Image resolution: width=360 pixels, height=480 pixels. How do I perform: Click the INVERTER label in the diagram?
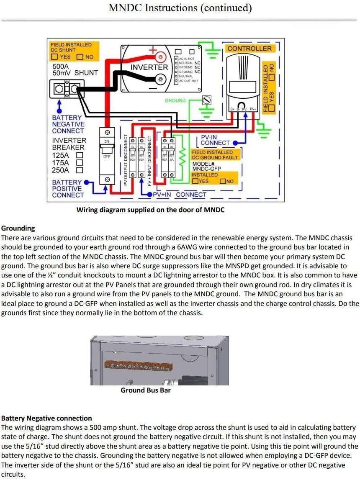click(x=149, y=67)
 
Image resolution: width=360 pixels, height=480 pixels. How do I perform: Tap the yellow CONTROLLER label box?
click(x=249, y=49)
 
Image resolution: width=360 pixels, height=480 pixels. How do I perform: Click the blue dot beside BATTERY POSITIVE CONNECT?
click(x=87, y=182)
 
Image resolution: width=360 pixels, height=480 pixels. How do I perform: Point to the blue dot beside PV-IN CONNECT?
click(x=235, y=143)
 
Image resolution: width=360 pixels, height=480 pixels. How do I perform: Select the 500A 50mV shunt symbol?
click(x=64, y=88)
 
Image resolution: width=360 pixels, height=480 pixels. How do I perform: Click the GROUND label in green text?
click(x=175, y=100)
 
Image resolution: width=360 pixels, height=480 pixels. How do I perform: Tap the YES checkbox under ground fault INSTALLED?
click(x=195, y=181)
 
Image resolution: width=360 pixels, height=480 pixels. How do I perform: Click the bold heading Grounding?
click(x=18, y=228)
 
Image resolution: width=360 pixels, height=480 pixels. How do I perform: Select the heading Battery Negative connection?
click(x=46, y=418)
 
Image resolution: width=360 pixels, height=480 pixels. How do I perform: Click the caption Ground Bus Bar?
click(x=146, y=390)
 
